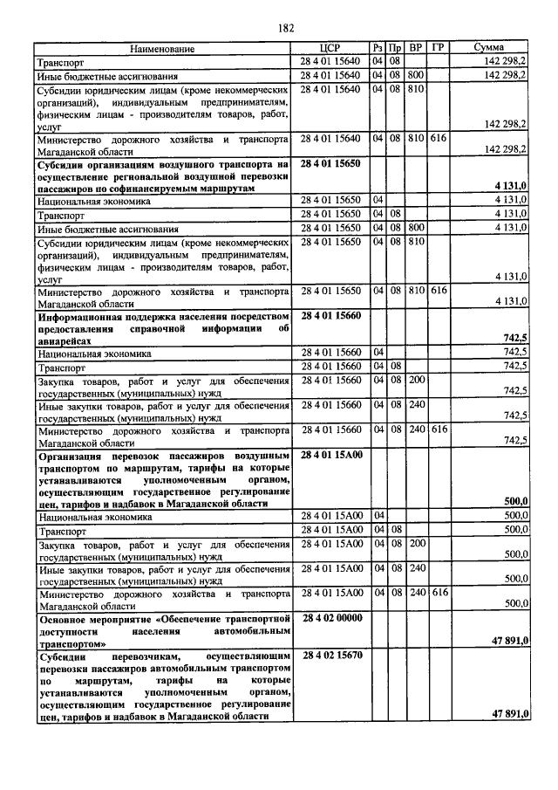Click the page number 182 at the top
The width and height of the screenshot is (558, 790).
pyautogui.click(x=285, y=28)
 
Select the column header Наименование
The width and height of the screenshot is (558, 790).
pyautogui.click(x=164, y=49)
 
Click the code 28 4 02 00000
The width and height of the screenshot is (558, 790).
pyautogui.click(x=331, y=617)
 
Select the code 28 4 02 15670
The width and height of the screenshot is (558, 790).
pyautogui.click(x=331, y=655)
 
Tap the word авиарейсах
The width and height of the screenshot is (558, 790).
pyautogui.click(x=65, y=341)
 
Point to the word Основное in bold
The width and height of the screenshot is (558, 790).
pyautogui.click(x=62, y=618)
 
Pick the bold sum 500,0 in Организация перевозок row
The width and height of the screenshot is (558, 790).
pyautogui.click(x=514, y=501)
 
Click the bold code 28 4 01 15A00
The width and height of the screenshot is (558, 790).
pyautogui.click(x=331, y=455)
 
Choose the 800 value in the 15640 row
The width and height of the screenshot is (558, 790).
pyautogui.click(x=416, y=75)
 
